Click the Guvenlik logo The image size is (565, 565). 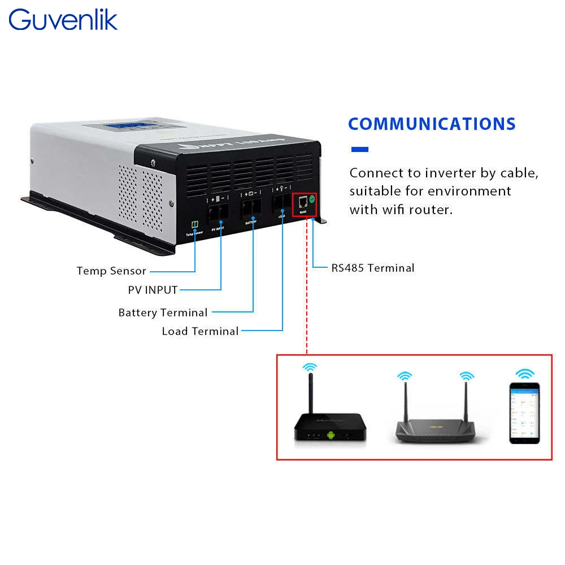click(x=63, y=20)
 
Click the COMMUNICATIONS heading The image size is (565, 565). click(x=432, y=124)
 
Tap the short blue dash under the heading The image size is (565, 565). click(x=359, y=150)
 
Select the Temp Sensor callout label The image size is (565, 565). click(x=111, y=271)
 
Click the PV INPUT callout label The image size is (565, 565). click(x=153, y=290)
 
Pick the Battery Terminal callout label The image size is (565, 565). click(x=163, y=312)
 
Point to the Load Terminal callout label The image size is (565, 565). click(x=200, y=331)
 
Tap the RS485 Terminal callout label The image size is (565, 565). click(x=373, y=268)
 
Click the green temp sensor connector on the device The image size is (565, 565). click(x=194, y=224)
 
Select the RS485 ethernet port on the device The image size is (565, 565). click(x=302, y=202)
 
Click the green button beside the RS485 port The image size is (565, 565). click(x=311, y=199)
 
